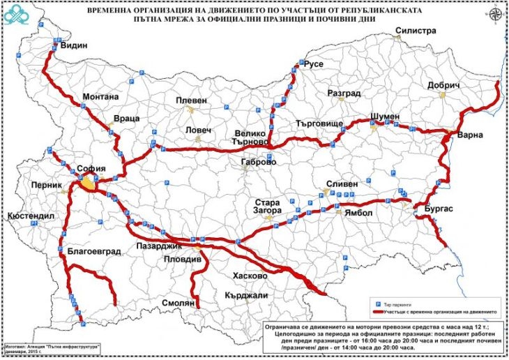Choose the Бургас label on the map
(x=439, y=209)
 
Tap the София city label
(x=91, y=168)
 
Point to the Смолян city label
(x=179, y=303)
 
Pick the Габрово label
(x=257, y=162)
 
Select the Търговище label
(x=319, y=123)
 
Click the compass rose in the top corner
(x=494, y=15)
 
